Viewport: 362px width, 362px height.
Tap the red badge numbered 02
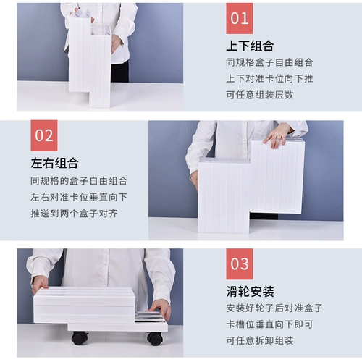tap(43, 135)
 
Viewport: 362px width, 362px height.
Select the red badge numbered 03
tap(240, 264)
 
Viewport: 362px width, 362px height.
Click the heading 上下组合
tap(250, 46)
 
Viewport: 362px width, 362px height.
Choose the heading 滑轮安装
tap(250, 292)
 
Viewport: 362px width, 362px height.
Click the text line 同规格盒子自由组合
tap(270, 62)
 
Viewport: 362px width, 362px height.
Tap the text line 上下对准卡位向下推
tap(270, 78)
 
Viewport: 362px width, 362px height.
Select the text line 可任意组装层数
tap(260, 94)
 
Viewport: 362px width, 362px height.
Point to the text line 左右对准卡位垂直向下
tap(79, 196)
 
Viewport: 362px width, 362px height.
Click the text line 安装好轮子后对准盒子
tap(274, 308)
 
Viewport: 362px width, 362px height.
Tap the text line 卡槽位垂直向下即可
tap(269, 324)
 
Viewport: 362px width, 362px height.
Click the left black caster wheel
tap(79, 337)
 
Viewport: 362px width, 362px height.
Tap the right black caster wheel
tap(154, 338)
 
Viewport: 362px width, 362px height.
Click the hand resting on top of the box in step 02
tap(277, 134)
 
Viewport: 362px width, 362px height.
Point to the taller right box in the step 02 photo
tap(277, 177)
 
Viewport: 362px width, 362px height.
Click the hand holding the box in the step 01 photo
tap(116, 41)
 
